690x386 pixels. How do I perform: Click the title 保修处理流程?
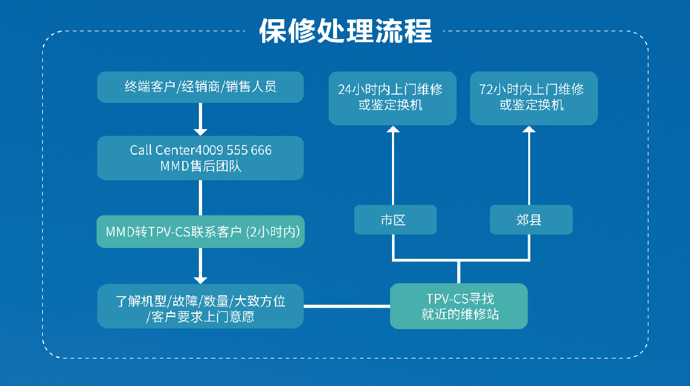[345, 31]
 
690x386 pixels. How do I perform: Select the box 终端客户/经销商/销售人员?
[200, 87]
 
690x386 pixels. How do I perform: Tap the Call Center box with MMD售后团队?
[200, 158]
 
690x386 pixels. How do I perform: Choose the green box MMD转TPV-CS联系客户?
[200, 232]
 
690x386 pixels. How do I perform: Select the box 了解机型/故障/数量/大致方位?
[200, 306]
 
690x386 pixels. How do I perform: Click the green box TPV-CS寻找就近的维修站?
[459, 306]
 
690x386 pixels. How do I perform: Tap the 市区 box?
[395, 220]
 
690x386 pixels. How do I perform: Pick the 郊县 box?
[531, 220]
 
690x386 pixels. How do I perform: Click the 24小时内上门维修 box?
[392, 97]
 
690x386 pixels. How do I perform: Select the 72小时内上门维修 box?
[533, 97]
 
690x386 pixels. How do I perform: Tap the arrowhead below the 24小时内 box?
[393, 130]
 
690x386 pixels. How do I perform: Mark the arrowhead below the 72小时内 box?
[529, 130]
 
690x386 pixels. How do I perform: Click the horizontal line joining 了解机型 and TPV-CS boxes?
[347, 306]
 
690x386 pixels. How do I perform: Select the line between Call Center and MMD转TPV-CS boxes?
[200, 197]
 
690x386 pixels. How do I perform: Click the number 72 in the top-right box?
[486, 89]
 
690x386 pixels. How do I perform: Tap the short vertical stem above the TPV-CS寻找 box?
[459, 272]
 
